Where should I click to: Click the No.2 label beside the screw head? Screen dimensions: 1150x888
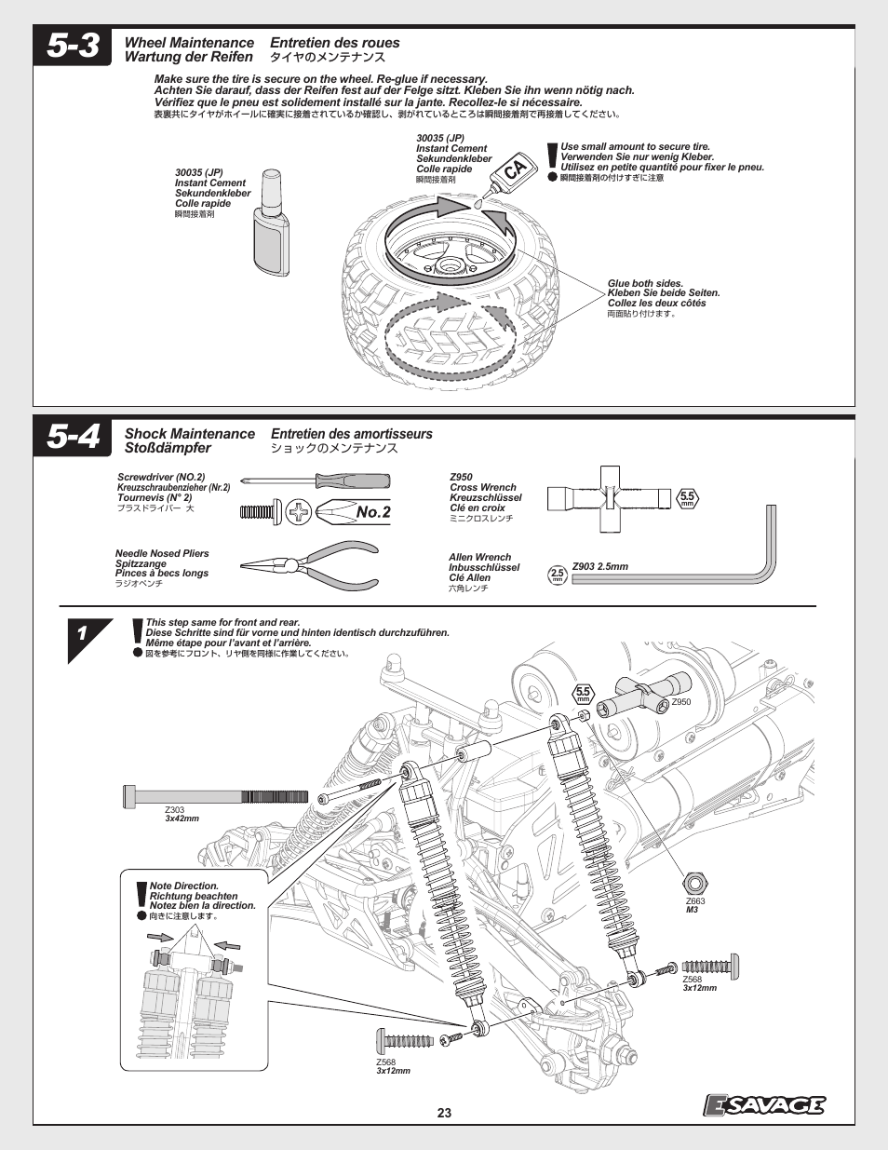372,512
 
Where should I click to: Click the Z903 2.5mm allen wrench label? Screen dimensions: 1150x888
600,566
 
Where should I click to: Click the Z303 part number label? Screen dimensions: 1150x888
175,810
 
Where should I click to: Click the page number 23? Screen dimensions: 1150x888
444,1113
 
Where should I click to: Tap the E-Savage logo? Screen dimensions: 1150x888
763,1104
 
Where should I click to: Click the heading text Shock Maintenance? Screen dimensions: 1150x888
190,434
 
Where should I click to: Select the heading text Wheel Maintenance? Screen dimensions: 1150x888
189,43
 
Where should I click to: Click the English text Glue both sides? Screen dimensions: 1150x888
645,284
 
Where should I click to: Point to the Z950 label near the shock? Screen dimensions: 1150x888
681,702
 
